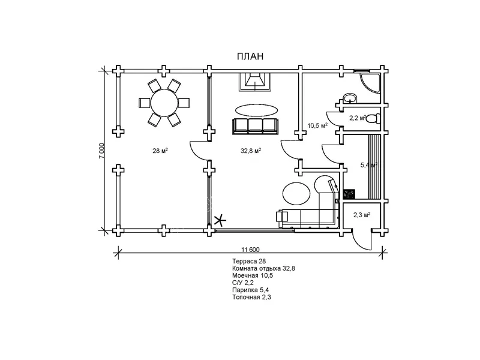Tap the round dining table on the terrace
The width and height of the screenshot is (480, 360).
coord(164,103)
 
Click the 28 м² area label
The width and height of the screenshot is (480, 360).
coord(160,151)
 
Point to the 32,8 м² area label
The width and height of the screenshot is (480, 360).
coord(250,151)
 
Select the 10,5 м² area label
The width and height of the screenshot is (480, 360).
coord(317,125)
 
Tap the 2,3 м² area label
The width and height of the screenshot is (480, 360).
coord(361,215)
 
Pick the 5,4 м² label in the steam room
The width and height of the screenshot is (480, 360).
coord(368,164)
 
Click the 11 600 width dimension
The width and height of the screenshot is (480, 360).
coord(250,249)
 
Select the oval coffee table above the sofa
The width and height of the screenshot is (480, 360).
coord(256,110)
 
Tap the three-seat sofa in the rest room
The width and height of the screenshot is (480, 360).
coord(256,125)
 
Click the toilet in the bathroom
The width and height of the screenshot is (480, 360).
coord(373,118)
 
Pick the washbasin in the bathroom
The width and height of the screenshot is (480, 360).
coord(349,98)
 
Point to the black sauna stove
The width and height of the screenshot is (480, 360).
coord(349,194)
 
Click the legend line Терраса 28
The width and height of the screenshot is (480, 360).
coord(249,262)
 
